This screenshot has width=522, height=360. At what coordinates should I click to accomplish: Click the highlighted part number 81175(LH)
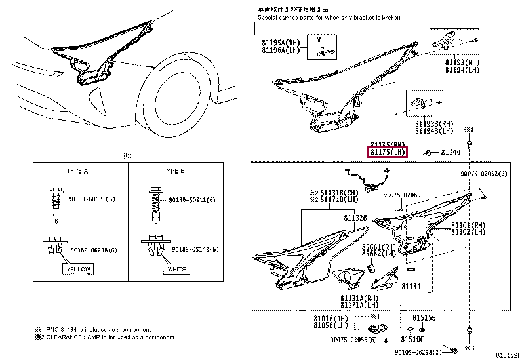tap(387, 152)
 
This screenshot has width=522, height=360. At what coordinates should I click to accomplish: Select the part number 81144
tap(451, 152)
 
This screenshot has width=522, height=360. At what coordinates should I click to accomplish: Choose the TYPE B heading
tap(174, 170)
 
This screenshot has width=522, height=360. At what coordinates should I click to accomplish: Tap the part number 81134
tap(411, 286)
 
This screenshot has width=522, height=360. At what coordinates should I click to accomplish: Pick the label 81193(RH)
tap(462, 62)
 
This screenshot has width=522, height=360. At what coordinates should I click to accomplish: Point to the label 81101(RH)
tap(468, 224)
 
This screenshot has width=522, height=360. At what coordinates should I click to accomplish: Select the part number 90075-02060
tap(402, 195)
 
